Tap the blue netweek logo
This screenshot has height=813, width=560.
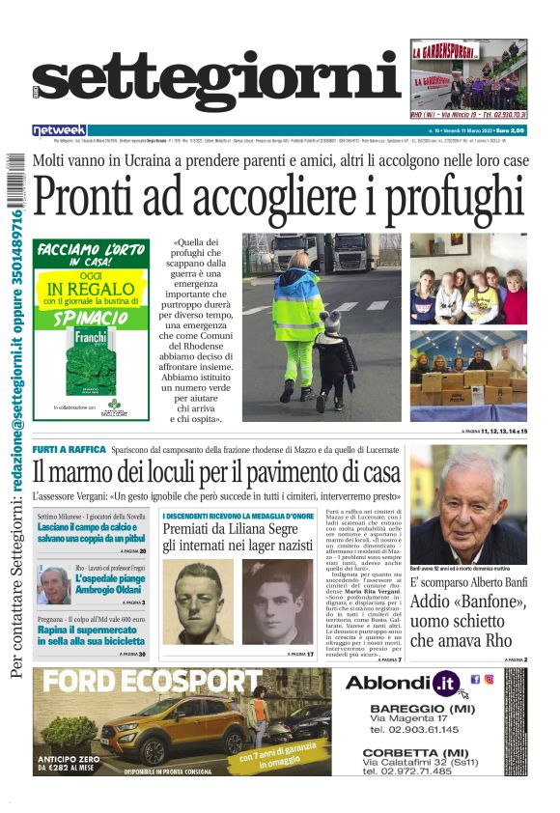[59, 129]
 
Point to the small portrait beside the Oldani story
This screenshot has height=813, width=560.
[53, 585]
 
